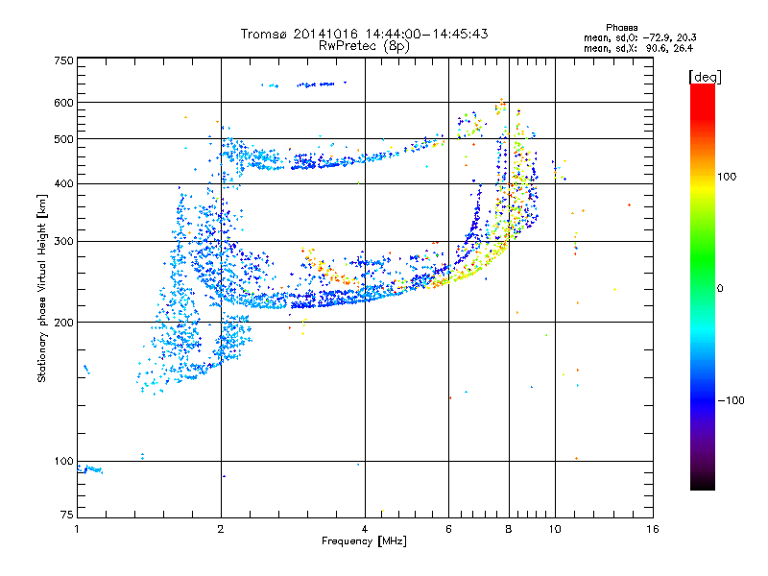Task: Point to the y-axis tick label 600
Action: [63, 102]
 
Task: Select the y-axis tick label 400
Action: [63, 183]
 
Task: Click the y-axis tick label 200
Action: [63, 323]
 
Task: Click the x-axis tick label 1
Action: [77, 529]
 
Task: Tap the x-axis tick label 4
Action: [365, 529]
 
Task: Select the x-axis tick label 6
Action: [448, 529]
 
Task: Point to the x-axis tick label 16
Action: [652, 529]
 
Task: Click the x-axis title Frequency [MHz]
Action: [364, 541]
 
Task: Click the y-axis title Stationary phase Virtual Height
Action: [42, 288]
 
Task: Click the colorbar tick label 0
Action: [720, 288]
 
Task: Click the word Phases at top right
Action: [622, 27]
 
